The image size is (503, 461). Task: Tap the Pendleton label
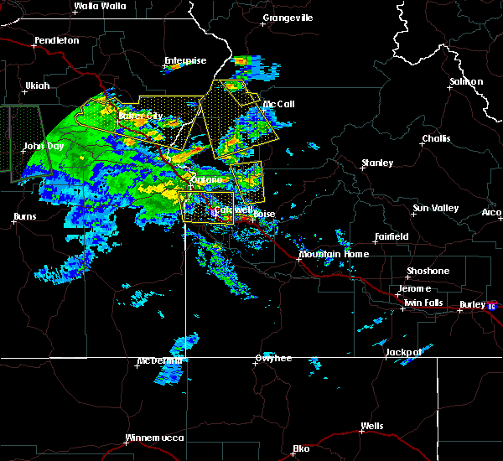pyautogui.click(x=57, y=40)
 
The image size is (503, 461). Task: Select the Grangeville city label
pyautogui.click(x=288, y=18)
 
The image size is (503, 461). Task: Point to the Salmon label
pyautogui.click(x=466, y=81)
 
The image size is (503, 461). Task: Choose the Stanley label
pyautogui.click(x=378, y=163)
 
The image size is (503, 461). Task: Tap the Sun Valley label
pyautogui.click(x=434, y=208)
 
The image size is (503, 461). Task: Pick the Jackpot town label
pyautogui.click(x=403, y=352)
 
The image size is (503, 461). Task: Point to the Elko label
pyautogui.click(x=301, y=448)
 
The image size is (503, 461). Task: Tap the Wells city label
pyautogui.click(x=371, y=426)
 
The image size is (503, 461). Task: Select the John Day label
pyautogui.click(x=44, y=146)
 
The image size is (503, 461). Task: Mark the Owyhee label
pyautogui.click(x=273, y=359)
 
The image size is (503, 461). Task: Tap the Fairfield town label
pyautogui.click(x=392, y=237)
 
